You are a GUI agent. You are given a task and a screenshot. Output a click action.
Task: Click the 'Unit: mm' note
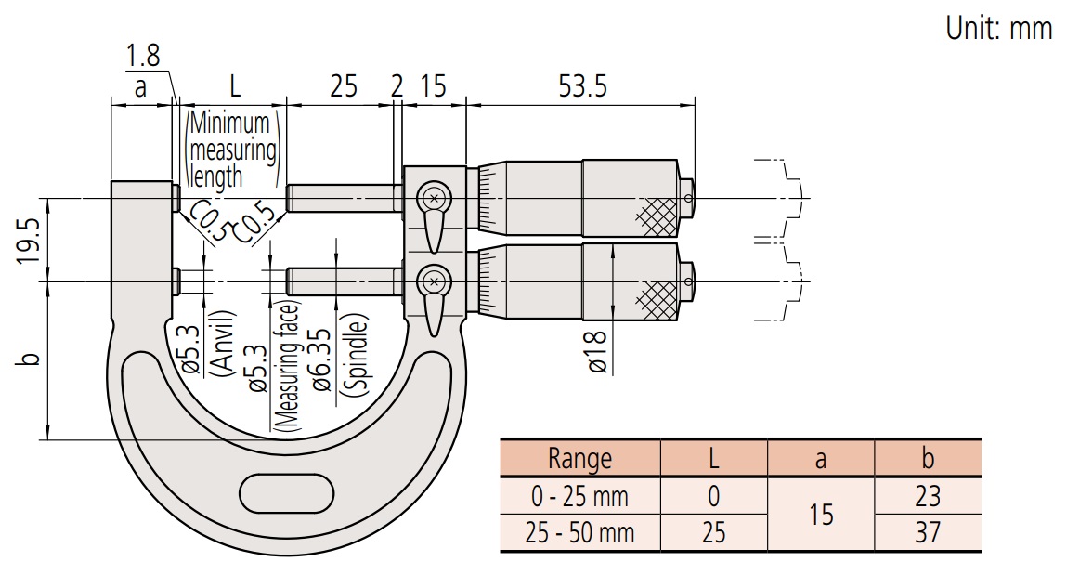click(x=998, y=29)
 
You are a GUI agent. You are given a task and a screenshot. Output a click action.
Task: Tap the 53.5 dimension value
click(x=582, y=86)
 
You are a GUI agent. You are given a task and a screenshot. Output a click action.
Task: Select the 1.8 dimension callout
click(x=142, y=56)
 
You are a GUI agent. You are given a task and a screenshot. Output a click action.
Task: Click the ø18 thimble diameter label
click(x=597, y=352)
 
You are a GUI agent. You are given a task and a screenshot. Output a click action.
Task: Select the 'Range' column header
click(x=579, y=458)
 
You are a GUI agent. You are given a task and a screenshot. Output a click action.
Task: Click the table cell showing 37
click(x=927, y=532)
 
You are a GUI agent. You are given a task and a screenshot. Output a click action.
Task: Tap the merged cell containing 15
click(x=821, y=514)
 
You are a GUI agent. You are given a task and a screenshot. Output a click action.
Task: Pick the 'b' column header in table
click(x=927, y=458)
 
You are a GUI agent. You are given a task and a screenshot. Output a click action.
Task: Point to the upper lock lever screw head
click(x=433, y=197)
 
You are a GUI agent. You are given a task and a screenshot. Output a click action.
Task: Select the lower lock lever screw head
click(x=433, y=279)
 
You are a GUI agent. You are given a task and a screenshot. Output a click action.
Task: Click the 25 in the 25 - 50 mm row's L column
click(x=713, y=532)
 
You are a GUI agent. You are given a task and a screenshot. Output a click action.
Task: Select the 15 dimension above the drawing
click(x=434, y=86)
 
